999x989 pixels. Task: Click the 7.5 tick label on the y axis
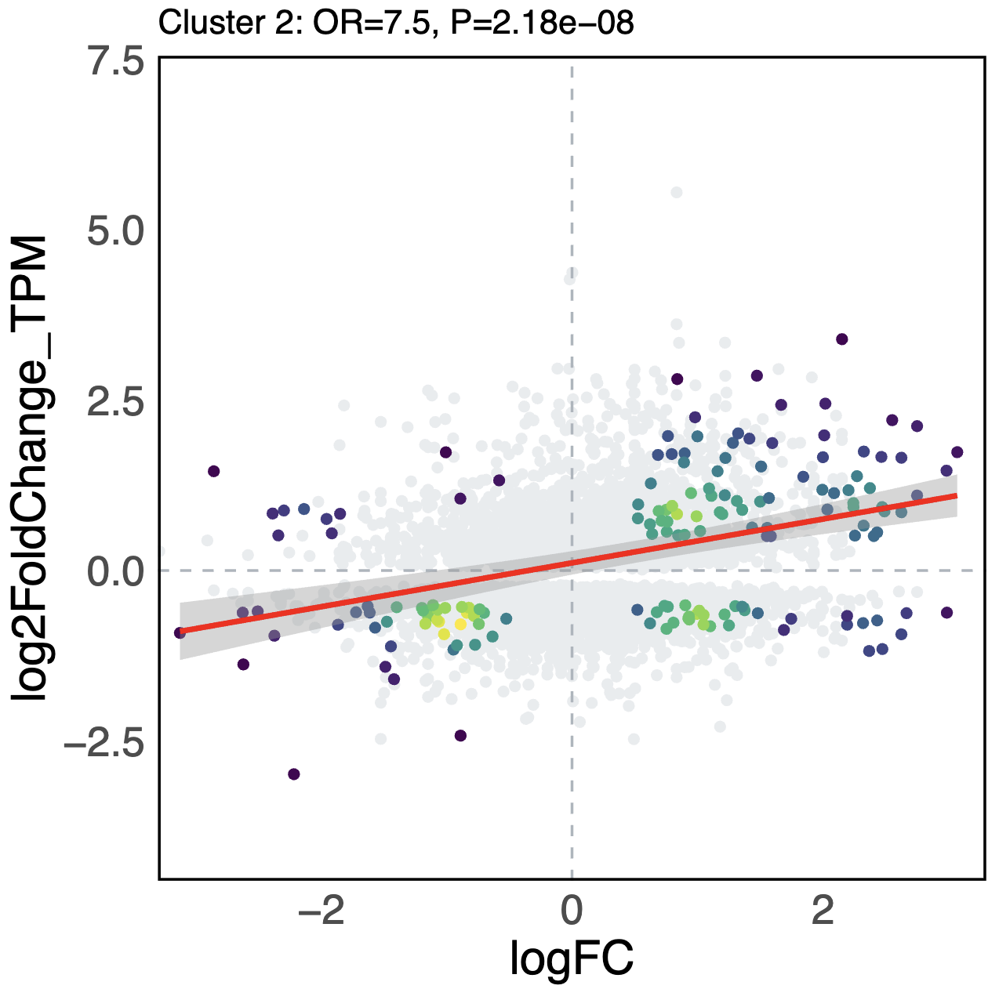click(x=115, y=63)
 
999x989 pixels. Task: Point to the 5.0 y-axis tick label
click(x=115, y=233)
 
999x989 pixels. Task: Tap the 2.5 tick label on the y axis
click(x=115, y=403)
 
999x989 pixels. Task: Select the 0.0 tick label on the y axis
click(x=115, y=572)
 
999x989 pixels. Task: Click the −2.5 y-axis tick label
click(x=104, y=742)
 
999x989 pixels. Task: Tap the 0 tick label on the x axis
click(x=572, y=911)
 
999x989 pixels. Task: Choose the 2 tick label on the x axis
click(x=823, y=911)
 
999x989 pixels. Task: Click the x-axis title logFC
click(x=572, y=958)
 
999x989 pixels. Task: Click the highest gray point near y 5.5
click(x=676, y=192)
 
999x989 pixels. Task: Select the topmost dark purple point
click(x=841, y=339)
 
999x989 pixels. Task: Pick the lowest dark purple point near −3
click(x=294, y=774)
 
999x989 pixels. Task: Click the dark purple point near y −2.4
click(x=460, y=735)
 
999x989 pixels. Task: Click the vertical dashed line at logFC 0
click(x=572, y=157)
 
